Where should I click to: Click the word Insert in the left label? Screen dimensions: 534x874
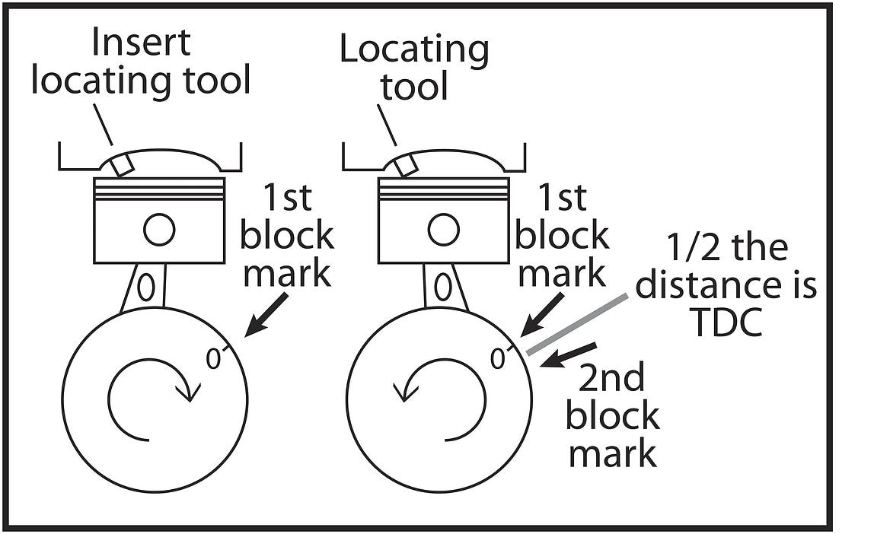click(141, 43)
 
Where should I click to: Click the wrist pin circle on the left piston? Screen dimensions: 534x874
click(159, 230)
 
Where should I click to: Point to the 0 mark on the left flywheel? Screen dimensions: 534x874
click(214, 358)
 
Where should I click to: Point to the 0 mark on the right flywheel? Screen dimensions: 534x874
click(499, 358)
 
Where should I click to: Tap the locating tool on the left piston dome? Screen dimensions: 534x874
click(123, 163)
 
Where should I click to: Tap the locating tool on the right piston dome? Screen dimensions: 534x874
click(407, 163)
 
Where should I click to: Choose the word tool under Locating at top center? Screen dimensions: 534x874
click(414, 87)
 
